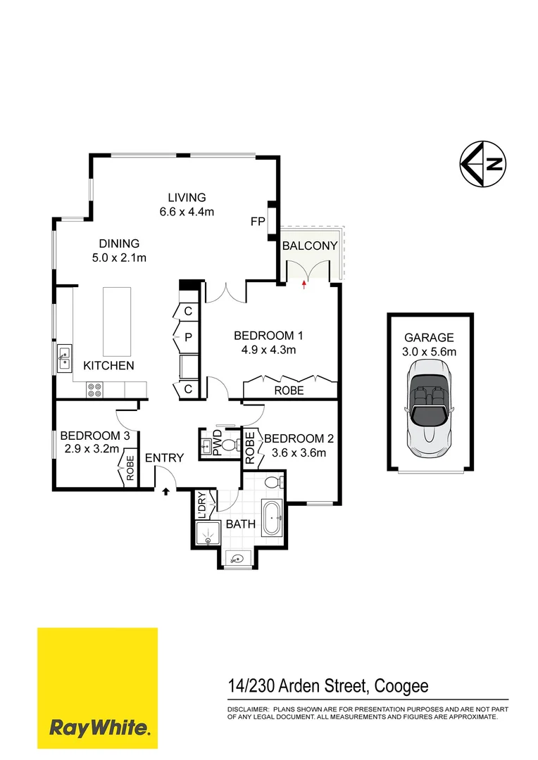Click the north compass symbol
[482, 165]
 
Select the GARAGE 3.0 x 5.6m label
[430, 344]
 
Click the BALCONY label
[310, 246]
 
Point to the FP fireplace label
[257, 222]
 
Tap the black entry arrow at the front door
[166, 491]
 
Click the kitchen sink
[63, 358]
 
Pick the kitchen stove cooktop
[95, 389]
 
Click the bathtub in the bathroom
[272, 519]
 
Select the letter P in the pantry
[188, 338]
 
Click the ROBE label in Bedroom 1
[289, 390]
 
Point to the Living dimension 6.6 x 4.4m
[187, 211]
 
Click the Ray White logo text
[98, 728]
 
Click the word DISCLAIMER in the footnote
[248, 709]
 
